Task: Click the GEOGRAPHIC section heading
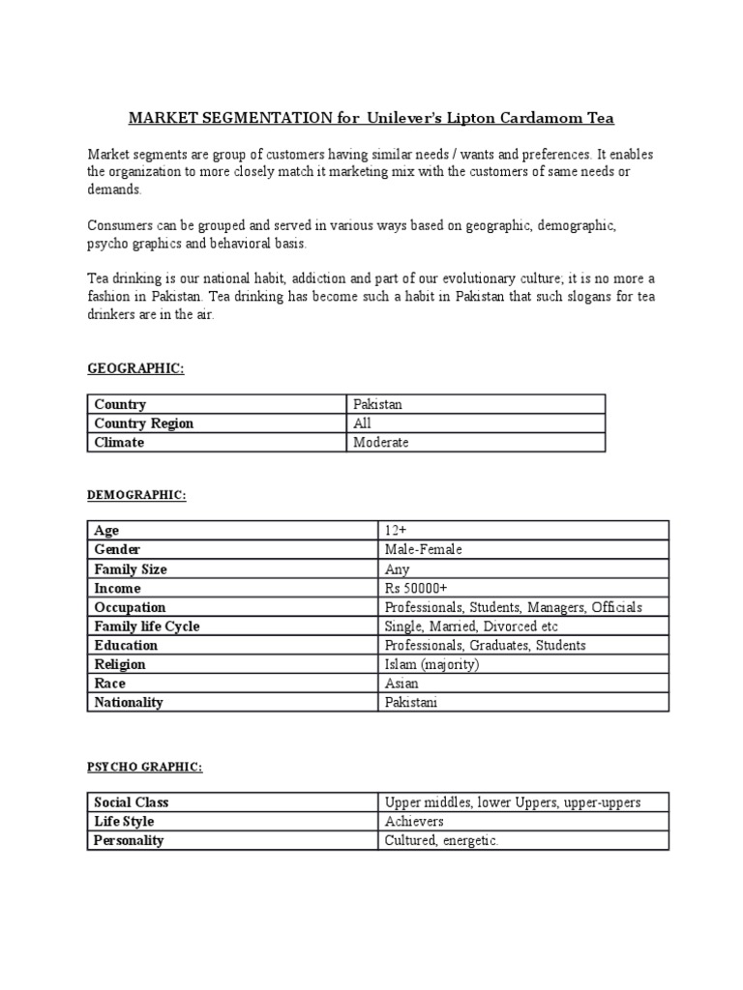(x=135, y=368)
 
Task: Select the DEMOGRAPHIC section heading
(x=136, y=495)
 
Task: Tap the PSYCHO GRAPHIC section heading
(x=144, y=767)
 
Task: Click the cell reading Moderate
(x=381, y=443)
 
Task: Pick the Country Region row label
(x=144, y=423)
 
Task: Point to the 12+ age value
(x=395, y=531)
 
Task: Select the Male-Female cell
(x=424, y=550)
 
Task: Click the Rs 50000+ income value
(x=416, y=588)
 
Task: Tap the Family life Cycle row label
(x=147, y=626)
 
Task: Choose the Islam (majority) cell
(x=431, y=664)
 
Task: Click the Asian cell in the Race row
(x=402, y=684)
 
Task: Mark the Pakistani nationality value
(x=411, y=703)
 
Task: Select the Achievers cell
(x=414, y=822)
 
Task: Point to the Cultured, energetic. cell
(x=441, y=841)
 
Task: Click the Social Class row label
(x=132, y=802)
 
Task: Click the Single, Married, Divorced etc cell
(x=471, y=626)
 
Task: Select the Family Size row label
(x=131, y=569)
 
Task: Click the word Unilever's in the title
(x=406, y=118)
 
